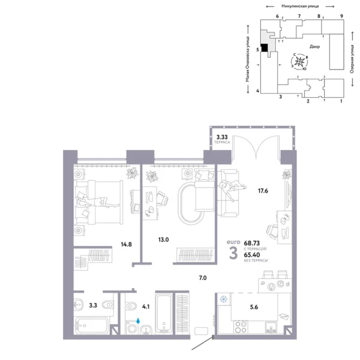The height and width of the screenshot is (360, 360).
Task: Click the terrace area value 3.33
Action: point(221,137)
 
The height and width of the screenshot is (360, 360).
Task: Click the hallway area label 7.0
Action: point(203,278)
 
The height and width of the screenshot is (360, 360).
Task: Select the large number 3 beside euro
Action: point(233,253)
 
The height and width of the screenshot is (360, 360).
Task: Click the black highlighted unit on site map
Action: point(265,48)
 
